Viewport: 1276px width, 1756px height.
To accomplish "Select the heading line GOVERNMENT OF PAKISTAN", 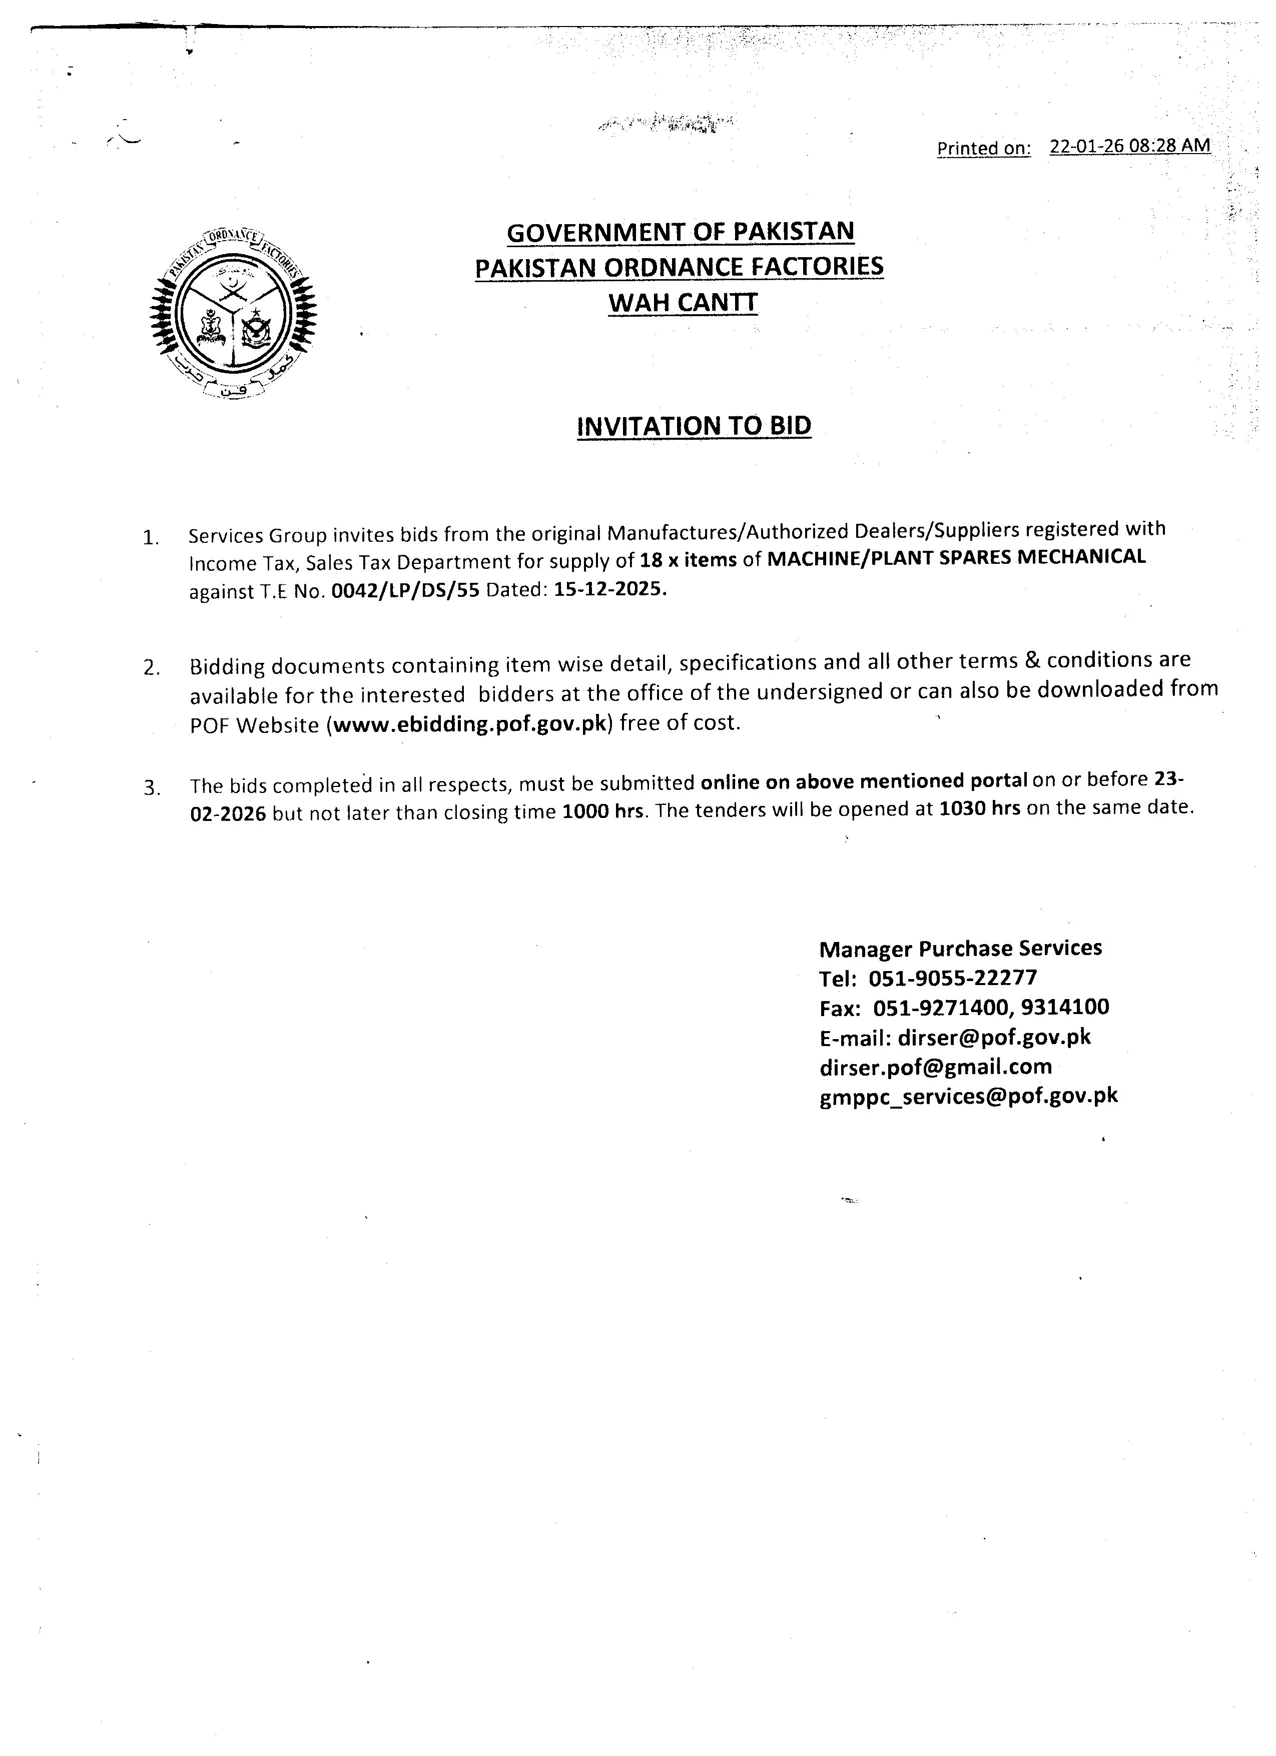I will point(680,232).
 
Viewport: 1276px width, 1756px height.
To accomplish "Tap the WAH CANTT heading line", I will point(682,302).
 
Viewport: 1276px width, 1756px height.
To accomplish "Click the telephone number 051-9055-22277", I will point(952,978).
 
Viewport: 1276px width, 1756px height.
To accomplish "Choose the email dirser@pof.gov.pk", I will point(993,1037).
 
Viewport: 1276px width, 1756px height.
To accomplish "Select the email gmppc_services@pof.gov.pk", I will point(968,1096).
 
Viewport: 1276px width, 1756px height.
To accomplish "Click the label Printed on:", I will point(983,148).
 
